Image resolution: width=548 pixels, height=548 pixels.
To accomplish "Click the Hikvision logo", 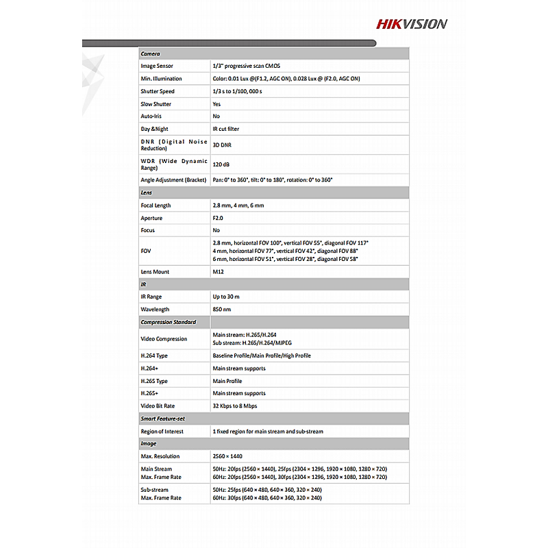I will click(411, 24).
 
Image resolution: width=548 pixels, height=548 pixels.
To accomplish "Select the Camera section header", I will click(150, 53).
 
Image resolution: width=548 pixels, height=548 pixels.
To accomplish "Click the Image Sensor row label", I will click(157, 66).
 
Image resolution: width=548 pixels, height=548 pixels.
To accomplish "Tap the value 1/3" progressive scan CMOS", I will click(246, 66).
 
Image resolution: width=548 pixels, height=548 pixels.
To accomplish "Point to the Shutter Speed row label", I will click(158, 91).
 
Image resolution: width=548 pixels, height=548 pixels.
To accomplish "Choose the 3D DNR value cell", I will click(222, 145).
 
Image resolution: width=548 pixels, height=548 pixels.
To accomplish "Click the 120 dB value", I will click(221, 164).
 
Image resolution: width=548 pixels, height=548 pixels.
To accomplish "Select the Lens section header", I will click(147, 192).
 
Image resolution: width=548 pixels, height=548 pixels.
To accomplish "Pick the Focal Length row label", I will click(156, 206).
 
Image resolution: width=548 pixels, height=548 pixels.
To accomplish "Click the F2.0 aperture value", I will click(218, 218).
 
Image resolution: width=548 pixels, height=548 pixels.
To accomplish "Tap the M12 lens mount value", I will click(219, 272).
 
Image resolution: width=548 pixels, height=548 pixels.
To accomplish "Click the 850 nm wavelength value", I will click(222, 310).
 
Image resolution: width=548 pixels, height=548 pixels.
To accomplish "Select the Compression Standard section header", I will click(169, 322).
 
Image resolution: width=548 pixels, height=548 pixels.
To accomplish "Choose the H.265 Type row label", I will click(154, 381).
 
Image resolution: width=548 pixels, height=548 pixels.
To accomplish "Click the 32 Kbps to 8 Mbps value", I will click(236, 406).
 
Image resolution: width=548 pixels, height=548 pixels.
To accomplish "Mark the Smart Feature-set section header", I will click(163, 419).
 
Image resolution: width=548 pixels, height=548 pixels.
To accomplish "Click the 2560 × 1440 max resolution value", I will click(227, 456).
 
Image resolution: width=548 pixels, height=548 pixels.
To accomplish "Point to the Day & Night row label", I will click(154, 129).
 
